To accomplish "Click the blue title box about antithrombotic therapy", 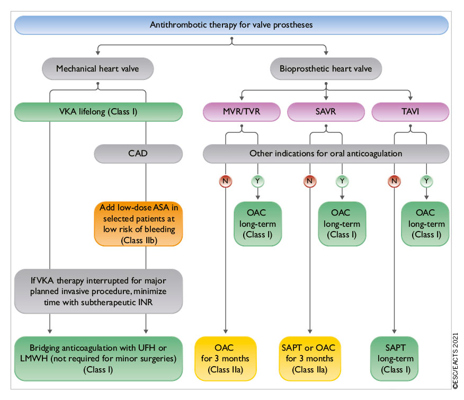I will click(x=231, y=25).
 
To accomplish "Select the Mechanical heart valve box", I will click(x=97, y=68).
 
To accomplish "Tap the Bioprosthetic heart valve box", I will click(x=325, y=68).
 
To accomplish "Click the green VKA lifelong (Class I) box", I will click(x=97, y=112).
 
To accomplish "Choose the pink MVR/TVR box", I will click(x=242, y=112).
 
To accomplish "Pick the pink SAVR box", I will click(x=325, y=112).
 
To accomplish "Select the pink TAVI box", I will click(x=411, y=112).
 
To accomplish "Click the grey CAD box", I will click(x=138, y=154).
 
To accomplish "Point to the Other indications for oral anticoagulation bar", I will click(x=325, y=154).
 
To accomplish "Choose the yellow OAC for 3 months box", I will click(x=226, y=359).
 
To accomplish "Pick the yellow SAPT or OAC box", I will click(x=310, y=359).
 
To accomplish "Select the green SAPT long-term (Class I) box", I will click(x=394, y=359).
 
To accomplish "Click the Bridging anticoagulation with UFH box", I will click(x=97, y=359).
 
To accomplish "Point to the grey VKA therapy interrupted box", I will click(x=97, y=291).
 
